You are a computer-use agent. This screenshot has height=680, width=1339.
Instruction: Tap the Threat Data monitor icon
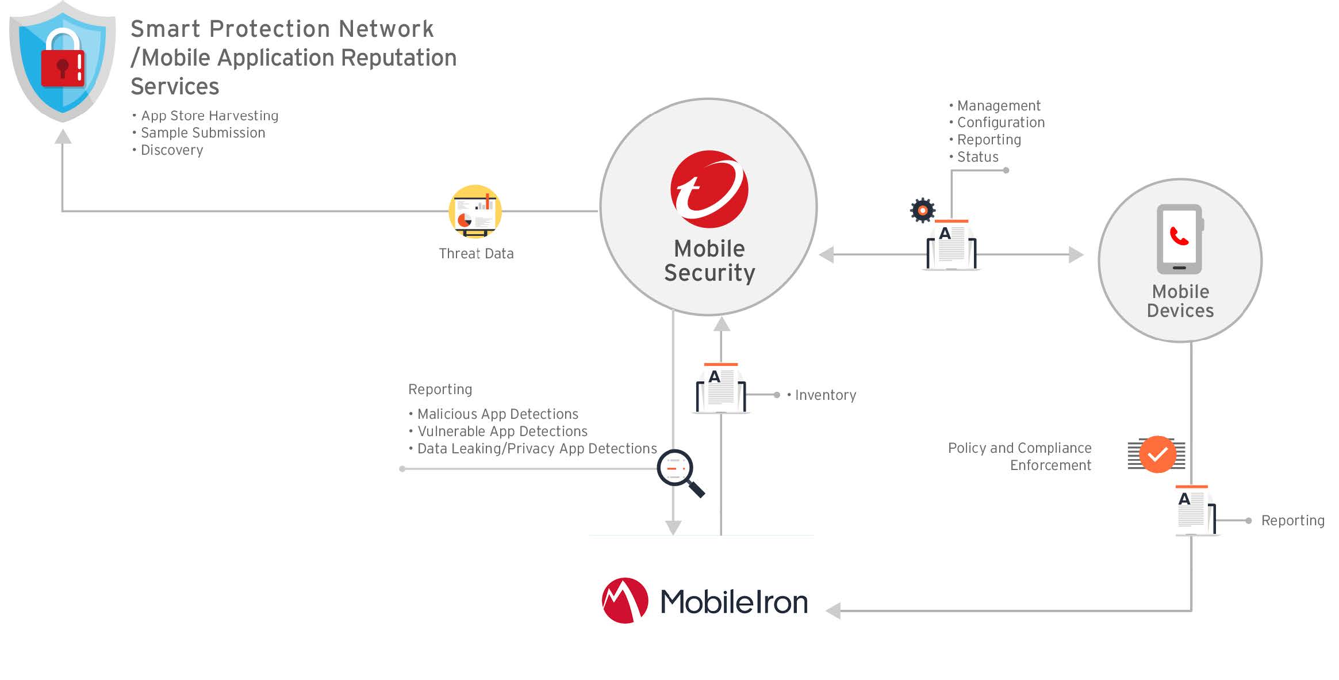(475, 211)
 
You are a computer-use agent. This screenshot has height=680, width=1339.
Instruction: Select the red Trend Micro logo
(709, 189)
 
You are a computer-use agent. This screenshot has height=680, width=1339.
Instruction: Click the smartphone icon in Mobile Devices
(1179, 239)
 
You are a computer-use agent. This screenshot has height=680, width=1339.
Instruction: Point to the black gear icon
(923, 211)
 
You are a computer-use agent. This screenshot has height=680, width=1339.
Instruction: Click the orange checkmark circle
(1157, 454)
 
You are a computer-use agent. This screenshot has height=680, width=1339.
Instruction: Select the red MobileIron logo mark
(625, 601)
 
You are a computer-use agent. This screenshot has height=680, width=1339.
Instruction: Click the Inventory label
(825, 395)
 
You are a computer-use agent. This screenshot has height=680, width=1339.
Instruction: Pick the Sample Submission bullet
(203, 133)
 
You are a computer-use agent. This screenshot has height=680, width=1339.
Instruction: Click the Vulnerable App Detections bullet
(502, 431)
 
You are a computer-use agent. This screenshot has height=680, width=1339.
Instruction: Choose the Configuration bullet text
(1000, 123)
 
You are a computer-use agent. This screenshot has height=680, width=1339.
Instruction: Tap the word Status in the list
(977, 157)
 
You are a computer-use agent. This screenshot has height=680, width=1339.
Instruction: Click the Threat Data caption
(476, 254)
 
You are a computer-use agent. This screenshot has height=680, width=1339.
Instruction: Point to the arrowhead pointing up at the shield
(63, 137)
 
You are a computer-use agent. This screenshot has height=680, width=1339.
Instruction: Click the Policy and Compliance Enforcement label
(1020, 456)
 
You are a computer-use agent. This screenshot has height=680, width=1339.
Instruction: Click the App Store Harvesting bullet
(209, 116)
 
